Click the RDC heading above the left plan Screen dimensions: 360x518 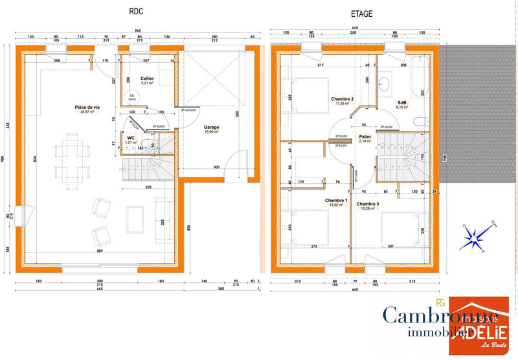click(136, 12)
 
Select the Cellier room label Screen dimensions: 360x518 click(147, 78)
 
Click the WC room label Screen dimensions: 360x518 click(131, 137)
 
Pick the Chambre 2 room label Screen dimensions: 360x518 click(343, 99)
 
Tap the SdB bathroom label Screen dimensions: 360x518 click(402, 102)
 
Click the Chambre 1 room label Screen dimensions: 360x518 click(336, 201)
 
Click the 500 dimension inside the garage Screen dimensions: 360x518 click(238, 114)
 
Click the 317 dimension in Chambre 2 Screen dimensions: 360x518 click(320, 65)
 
